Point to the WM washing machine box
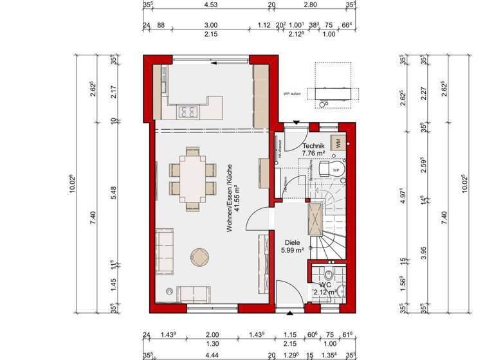[x=336, y=143]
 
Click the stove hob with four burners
[x=188, y=112]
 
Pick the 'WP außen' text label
[x=292, y=94]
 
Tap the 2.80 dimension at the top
[x=310, y=5]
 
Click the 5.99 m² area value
[x=292, y=251]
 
